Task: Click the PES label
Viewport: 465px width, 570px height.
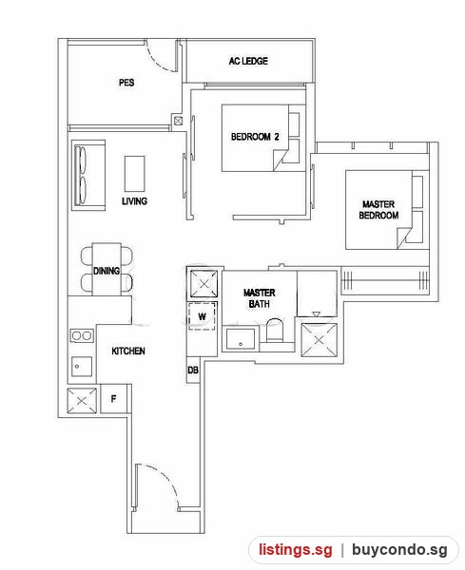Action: [x=126, y=83]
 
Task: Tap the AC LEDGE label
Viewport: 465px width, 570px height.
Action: [x=248, y=61]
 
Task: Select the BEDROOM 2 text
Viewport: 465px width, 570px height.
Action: [x=255, y=137]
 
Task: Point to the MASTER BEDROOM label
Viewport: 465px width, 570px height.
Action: [x=378, y=209]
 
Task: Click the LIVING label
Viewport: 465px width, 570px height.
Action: [x=134, y=201]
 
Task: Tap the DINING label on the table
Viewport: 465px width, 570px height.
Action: [x=107, y=271]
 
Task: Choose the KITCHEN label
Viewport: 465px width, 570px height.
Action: [x=128, y=351]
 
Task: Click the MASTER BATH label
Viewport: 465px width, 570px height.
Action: [x=259, y=297]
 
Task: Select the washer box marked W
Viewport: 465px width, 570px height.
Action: [x=202, y=316]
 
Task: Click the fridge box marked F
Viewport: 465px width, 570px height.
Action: [x=113, y=398]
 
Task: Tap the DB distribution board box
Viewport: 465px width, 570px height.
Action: [x=193, y=370]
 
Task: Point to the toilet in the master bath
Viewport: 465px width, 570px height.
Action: [x=275, y=330]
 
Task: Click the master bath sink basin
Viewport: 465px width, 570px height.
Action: [x=241, y=339]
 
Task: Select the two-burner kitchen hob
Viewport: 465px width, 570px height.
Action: [x=82, y=335]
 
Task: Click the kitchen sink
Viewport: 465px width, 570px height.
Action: [x=82, y=367]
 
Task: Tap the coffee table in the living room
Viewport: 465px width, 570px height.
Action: [x=135, y=174]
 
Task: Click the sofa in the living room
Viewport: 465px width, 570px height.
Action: [x=88, y=175]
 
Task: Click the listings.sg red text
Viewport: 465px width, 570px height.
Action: [x=296, y=549]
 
